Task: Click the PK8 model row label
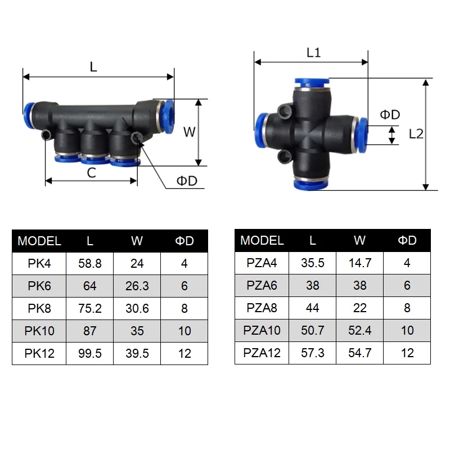click(39, 308)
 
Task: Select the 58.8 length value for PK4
click(90, 263)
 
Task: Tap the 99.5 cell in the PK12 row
click(90, 353)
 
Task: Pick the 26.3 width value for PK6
click(137, 286)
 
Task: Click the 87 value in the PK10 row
click(90, 331)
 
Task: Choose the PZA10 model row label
click(262, 330)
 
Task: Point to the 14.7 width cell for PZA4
click(360, 263)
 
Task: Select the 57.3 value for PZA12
click(313, 353)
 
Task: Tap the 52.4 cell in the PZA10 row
click(360, 330)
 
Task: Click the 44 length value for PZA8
click(313, 308)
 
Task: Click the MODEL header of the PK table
click(39, 241)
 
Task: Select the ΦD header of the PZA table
click(407, 241)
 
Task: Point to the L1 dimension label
click(313, 53)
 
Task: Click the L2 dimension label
click(417, 134)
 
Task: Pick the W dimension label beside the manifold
click(190, 132)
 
